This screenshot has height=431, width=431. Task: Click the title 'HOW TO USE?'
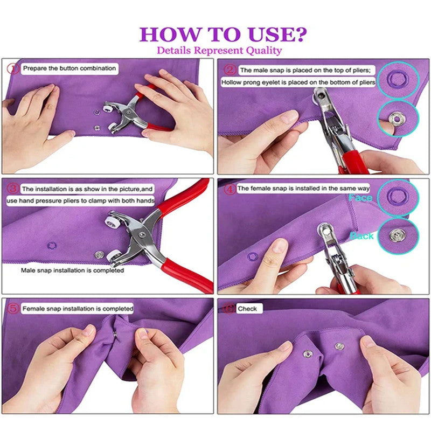point(223,34)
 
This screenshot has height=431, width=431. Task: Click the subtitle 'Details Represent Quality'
point(219,51)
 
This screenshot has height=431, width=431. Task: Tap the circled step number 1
point(13,68)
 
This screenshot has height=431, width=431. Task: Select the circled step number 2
point(230,69)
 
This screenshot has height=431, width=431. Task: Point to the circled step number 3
point(13,189)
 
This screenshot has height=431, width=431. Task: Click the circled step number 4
point(230,189)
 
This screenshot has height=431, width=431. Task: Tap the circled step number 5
point(13,309)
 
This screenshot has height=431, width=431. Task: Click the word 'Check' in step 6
point(248,309)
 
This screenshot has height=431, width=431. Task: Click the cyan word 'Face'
point(360,198)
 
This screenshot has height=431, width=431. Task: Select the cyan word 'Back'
point(362,236)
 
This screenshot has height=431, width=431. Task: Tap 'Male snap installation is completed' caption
point(72,270)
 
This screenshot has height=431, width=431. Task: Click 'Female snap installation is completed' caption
point(77,309)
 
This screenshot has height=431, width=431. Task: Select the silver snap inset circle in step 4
point(397,234)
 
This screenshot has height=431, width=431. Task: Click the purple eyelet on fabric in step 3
point(52,246)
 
